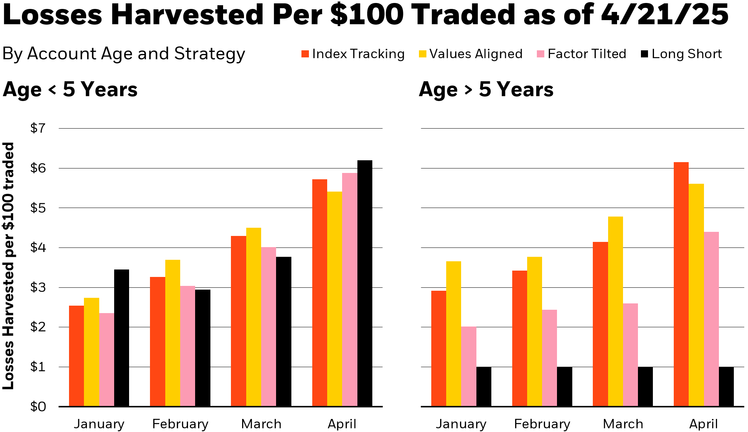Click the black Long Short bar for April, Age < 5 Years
pos(364,283)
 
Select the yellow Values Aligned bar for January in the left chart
pos(91,352)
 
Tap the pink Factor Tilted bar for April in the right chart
pos(711,319)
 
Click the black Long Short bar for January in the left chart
pos(122,338)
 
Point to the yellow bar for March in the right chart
pos(615,311)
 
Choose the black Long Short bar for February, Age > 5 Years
pos(564,387)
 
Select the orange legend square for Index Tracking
pos(305,54)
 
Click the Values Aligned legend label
pos(476,54)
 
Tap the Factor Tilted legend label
pos(587,54)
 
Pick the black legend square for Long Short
pos(644,54)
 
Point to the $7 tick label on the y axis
pos(38,129)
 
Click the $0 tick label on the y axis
pos(38,406)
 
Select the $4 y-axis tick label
pos(38,247)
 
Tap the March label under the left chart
pos(261,424)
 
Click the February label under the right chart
pos(542,424)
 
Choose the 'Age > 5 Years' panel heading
pos(486,90)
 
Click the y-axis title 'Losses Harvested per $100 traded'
pos(8,266)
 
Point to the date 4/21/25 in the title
pos(664,15)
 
